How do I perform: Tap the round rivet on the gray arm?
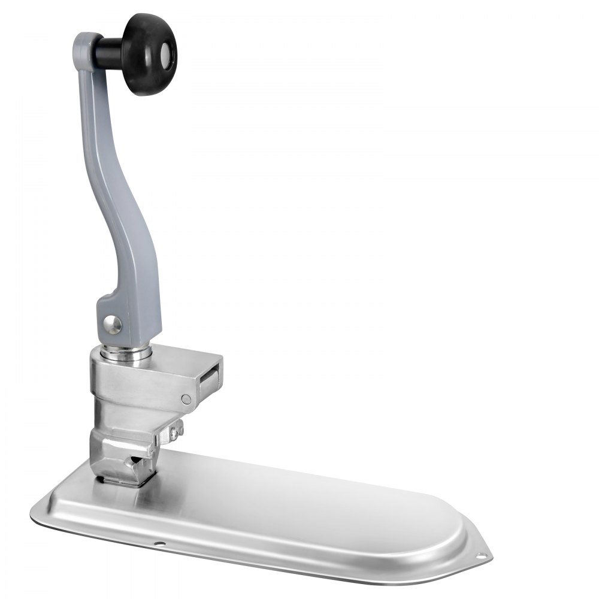111,324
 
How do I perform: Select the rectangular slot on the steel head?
209,380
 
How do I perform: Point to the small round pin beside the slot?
186,398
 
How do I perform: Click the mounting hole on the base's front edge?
159,544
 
